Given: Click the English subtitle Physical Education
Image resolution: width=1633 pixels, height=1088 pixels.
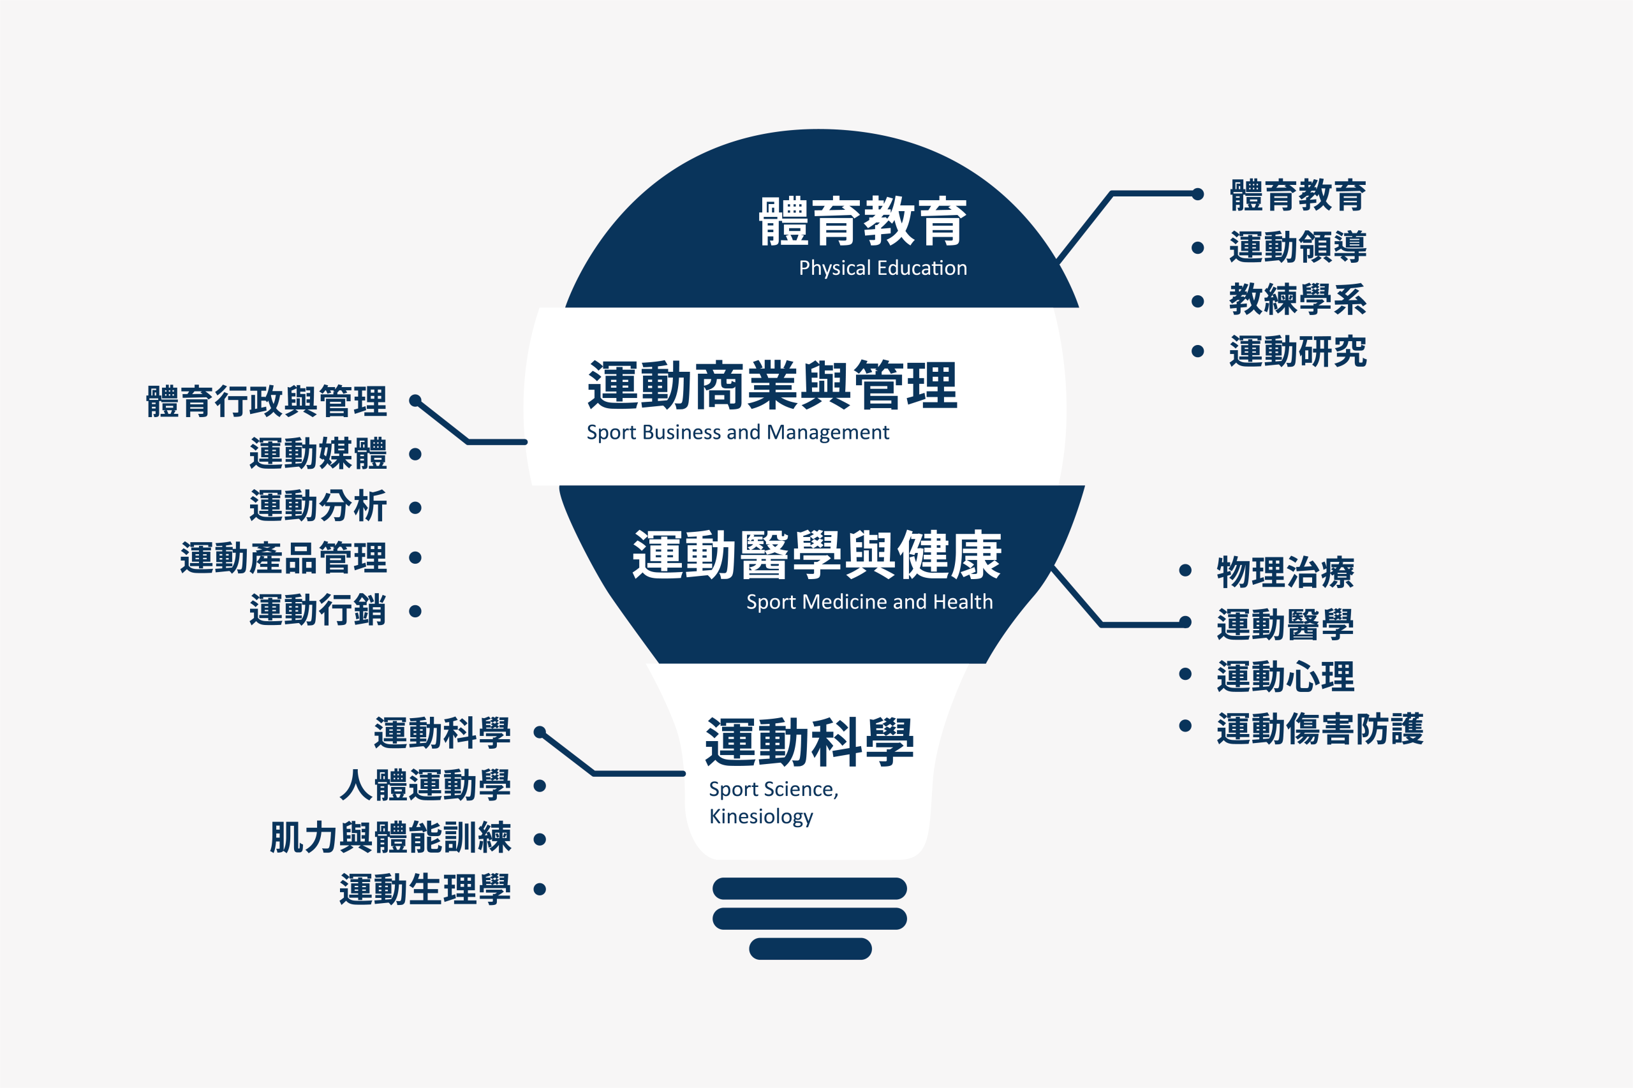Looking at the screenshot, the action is (883, 268).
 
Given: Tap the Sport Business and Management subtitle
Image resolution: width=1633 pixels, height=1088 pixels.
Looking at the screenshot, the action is (738, 433).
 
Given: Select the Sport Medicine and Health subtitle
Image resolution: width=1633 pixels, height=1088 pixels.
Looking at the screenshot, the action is (869, 602).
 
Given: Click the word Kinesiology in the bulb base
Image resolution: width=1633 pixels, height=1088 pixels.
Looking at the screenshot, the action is (762, 817).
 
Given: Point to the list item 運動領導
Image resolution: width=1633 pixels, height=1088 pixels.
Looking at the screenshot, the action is (1298, 247).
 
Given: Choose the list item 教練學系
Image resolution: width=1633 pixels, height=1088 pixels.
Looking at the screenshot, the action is (1298, 300).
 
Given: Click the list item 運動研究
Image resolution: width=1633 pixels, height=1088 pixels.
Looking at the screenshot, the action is (1298, 351).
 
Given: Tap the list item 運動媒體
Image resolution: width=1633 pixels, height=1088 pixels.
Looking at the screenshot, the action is (318, 454).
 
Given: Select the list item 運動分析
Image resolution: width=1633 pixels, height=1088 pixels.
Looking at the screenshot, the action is (318, 506).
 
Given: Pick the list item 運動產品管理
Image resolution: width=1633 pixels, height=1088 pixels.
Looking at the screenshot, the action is (283, 558).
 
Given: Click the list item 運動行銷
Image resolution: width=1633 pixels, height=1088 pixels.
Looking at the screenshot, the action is (318, 610).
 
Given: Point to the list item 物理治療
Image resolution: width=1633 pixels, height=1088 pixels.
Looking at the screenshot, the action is (1285, 573).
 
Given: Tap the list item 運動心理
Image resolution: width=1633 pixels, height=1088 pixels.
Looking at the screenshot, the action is (1285, 677).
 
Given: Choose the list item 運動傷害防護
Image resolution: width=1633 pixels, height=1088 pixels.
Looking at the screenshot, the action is (1320, 728).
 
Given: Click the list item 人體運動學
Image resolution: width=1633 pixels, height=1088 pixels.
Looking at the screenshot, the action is (425, 786).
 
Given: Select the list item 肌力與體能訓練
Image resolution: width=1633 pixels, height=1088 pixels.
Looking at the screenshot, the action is (391, 837).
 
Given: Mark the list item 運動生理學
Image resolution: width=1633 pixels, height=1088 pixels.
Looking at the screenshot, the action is (425, 890).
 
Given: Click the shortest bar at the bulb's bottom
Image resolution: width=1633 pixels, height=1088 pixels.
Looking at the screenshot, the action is (810, 948).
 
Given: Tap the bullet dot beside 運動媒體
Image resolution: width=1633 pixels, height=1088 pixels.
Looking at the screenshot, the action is (415, 455).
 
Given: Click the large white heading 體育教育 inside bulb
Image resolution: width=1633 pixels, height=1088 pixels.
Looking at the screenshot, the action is (862, 221).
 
